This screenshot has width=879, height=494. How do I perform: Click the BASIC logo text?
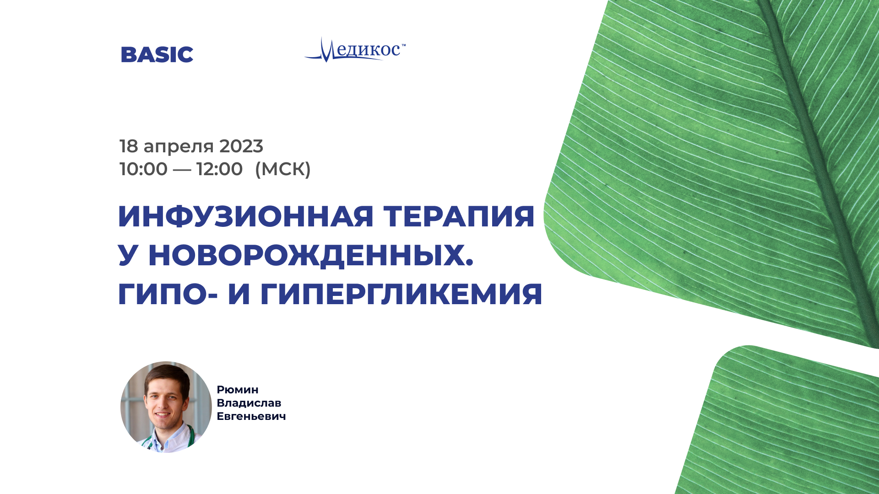(x=157, y=54)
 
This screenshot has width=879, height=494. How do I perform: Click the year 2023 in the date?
(x=241, y=146)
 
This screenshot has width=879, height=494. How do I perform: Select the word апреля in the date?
(x=179, y=148)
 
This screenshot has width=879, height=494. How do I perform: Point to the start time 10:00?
(x=143, y=169)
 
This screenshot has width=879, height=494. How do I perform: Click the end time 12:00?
(x=219, y=169)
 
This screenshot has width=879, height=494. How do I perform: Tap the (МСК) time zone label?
(x=283, y=169)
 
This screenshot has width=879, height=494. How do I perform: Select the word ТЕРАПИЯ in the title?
(x=459, y=216)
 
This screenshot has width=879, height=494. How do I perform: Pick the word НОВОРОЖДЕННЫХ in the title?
(x=310, y=255)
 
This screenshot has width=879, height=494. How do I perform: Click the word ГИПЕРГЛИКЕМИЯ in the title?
(x=402, y=294)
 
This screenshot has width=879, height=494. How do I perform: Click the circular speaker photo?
(x=166, y=407)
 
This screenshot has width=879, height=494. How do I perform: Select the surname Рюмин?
(x=238, y=390)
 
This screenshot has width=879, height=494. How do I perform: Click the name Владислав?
(x=249, y=403)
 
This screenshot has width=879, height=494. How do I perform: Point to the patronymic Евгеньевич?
(x=251, y=416)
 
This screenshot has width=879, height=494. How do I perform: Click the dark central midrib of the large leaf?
(x=819, y=169)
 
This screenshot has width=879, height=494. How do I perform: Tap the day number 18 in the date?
(x=129, y=146)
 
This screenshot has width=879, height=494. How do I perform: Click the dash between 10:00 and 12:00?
(x=182, y=169)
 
